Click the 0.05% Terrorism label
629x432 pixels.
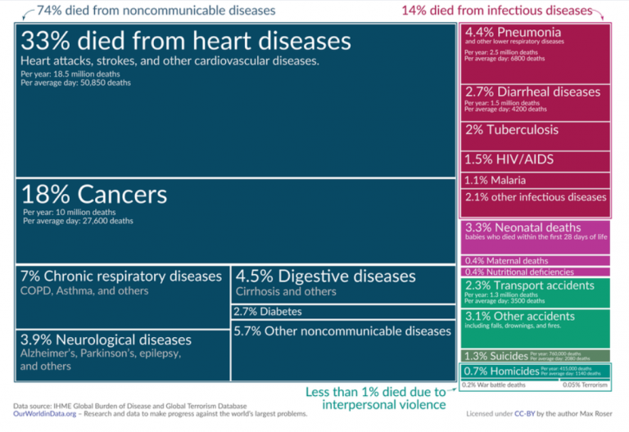tap(585, 384)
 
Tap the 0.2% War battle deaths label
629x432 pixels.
tap(496, 384)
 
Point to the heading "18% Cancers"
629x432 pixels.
tap(94, 195)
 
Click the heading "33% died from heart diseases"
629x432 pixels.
tap(186, 42)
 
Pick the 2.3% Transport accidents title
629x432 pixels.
tap(529, 286)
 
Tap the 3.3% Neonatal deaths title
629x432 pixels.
tap(523, 227)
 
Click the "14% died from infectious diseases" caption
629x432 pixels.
tap(496, 11)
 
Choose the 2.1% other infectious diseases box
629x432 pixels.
tap(536, 197)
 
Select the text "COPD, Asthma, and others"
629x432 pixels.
tap(85, 290)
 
